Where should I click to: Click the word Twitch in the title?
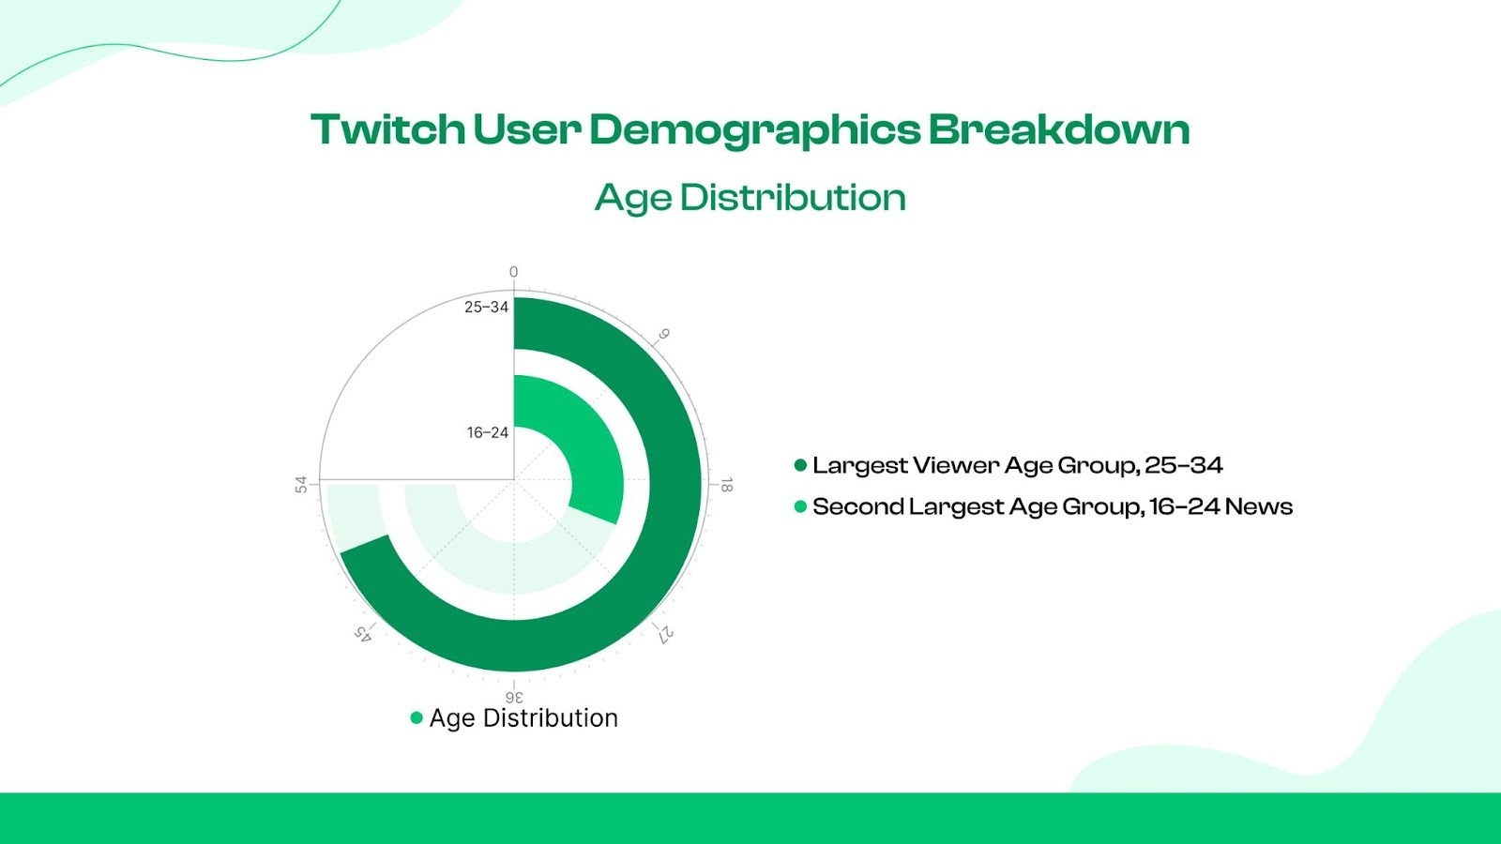point(387,129)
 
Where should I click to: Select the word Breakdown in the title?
point(1058,129)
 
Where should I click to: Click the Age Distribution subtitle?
point(750,198)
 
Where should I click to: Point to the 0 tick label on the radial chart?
point(513,272)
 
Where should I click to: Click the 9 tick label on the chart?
point(663,334)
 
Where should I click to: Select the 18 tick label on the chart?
point(726,485)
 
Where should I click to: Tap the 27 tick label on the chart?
point(665,634)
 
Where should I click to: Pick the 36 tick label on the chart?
point(513,697)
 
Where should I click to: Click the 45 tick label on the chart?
point(363,634)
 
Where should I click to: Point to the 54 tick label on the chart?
point(301,484)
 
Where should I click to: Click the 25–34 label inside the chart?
point(486,307)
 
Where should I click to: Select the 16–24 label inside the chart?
point(487,432)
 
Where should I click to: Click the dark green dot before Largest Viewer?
point(800,465)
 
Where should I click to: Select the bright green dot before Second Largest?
point(800,506)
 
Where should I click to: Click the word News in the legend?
point(1258,506)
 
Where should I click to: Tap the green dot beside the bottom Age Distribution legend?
point(417,718)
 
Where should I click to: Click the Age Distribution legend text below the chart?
point(523,718)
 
